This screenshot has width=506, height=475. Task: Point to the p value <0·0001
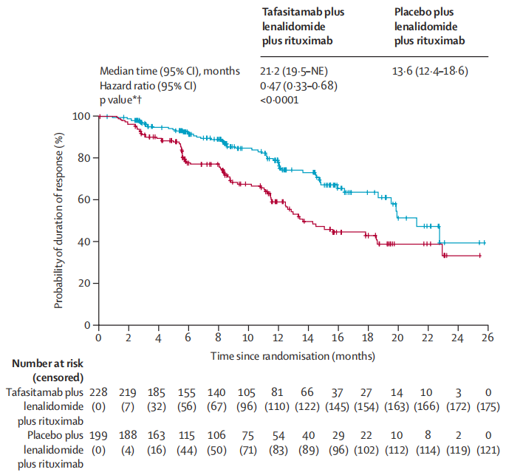(x=281, y=100)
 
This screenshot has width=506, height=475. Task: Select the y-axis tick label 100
(x=82, y=116)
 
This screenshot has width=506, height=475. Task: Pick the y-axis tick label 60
(x=85, y=199)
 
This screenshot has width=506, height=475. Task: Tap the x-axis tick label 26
(x=488, y=338)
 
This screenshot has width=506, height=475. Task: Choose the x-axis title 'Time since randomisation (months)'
(x=293, y=355)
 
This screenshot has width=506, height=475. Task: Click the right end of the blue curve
(x=485, y=242)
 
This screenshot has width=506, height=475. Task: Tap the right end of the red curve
(x=481, y=256)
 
